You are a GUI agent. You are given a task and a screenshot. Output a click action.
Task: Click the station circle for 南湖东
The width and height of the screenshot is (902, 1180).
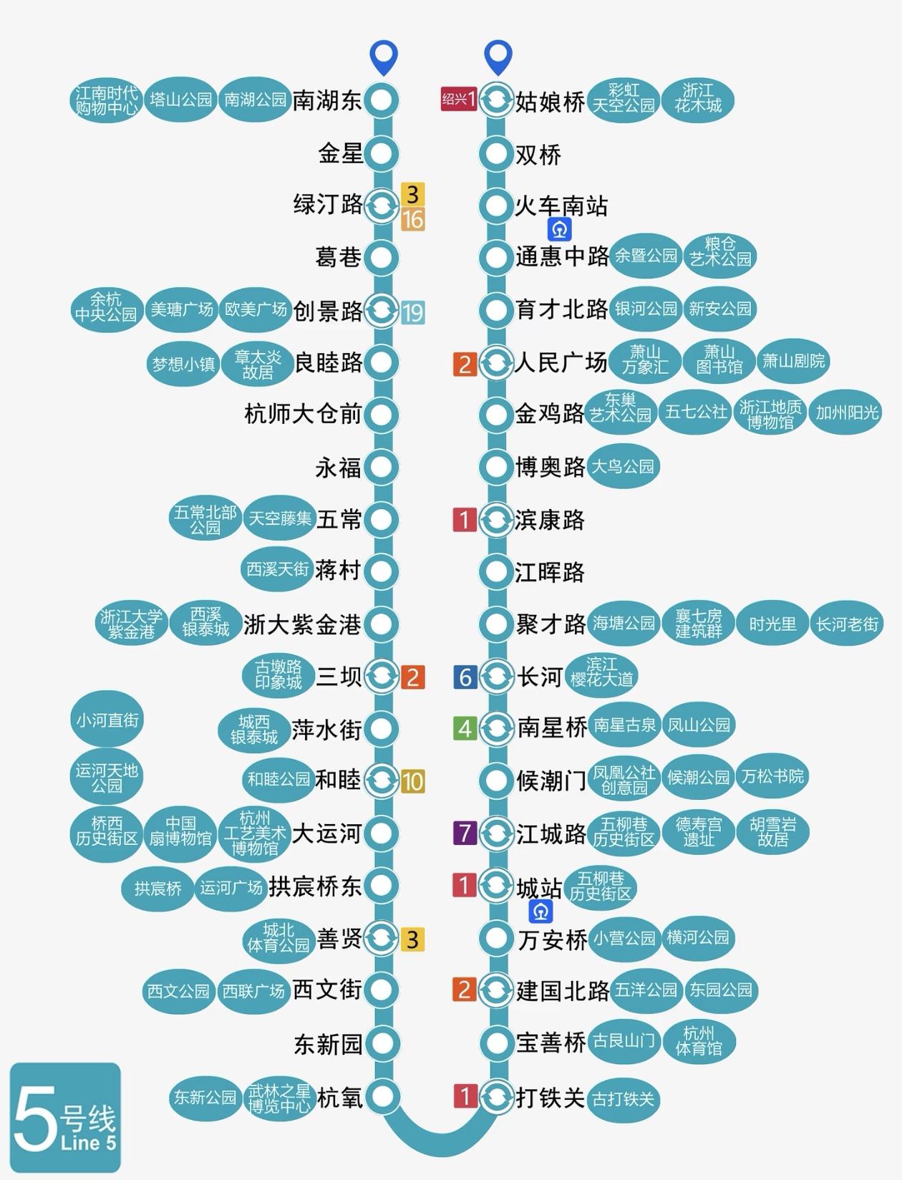click(x=382, y=100)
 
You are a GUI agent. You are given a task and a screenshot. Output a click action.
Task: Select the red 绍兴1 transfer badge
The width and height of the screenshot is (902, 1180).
click(x=458, y=99)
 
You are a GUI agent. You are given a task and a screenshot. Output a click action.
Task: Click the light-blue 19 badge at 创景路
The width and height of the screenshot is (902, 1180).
click(x=413, y=312)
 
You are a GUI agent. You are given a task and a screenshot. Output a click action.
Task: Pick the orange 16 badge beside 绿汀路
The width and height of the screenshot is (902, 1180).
click(x=413, y=219)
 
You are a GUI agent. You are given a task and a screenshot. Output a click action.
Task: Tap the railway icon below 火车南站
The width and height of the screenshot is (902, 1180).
click(x=560, y=229)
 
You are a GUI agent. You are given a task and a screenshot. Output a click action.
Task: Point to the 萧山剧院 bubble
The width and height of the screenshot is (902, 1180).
click(x=793, y=361)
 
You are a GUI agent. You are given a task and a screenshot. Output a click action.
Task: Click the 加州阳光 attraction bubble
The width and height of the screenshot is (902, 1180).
click(x=847, y=412)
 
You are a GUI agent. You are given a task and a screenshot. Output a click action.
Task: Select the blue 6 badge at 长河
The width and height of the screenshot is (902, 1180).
click(x=465, y=677)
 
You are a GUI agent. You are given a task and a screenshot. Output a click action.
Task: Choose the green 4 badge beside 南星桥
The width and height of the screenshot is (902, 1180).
click(x=465, y=728)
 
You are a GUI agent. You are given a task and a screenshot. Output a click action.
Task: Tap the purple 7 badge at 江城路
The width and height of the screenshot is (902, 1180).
click(x=465, y=833)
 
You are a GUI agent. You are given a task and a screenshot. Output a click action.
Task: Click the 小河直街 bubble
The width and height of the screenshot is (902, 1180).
click(x=107, y=720)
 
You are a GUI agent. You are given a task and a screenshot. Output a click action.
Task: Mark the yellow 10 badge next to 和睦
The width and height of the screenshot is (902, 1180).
click(x=413, y=781)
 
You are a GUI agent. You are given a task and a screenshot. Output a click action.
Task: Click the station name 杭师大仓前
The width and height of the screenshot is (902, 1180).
click(x=303, y=414)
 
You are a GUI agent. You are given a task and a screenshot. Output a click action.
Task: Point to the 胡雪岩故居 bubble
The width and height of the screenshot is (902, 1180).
click(x=773, y=832)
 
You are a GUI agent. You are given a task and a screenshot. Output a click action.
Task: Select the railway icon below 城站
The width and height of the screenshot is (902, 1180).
click(x=541, y=911)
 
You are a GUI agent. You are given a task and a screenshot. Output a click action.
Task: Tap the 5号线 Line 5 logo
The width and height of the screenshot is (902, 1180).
click(x=65, y=1118)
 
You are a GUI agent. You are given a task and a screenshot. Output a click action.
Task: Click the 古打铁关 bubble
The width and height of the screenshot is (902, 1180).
click(x=624, y=1099)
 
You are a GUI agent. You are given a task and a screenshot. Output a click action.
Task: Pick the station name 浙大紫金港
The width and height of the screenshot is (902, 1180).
click(x=302, y=624)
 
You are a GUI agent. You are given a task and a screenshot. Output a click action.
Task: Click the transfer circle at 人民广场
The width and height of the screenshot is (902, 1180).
click(x=495, y=363)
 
